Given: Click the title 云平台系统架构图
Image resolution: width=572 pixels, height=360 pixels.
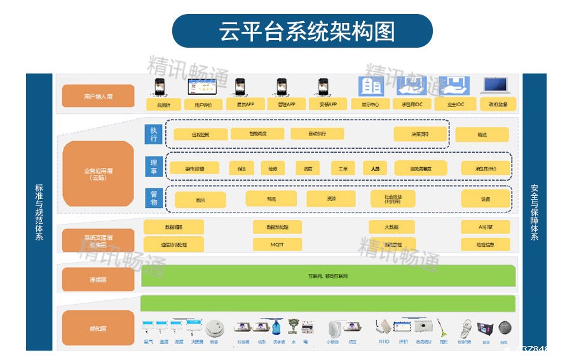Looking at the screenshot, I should [302, 31].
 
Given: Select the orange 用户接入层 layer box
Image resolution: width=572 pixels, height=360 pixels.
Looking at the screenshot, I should [98, 96].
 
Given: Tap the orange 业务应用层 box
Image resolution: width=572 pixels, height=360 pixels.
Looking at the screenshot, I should [98, 174].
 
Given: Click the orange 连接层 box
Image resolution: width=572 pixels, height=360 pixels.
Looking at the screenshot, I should [98, 279].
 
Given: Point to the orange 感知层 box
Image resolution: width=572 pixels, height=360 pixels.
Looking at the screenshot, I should [98, 328].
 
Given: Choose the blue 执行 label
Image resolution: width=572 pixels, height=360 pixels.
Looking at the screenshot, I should [153, 134].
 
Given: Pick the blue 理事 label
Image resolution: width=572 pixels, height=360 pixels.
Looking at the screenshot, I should [153, 167].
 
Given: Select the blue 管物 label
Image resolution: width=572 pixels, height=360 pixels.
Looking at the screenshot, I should [153, 198].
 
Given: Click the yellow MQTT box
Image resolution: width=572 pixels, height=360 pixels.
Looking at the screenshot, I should [277, 244].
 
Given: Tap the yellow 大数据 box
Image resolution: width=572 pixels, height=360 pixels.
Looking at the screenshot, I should [392, 227].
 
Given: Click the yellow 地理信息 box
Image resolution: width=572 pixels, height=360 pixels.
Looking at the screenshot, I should [486, 244].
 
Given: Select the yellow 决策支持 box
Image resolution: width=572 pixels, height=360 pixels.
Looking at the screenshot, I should [420, 134].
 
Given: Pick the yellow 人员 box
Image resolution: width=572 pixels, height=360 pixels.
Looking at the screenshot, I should [375, 168].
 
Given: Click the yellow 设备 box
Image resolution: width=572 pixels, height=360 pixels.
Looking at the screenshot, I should [486, 198].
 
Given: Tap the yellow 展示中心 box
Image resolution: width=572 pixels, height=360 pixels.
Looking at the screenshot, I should [370, 104].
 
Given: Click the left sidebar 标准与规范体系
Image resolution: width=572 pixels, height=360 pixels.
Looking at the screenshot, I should [39, 212].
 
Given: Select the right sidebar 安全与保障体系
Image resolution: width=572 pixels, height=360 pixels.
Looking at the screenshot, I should [534, 212].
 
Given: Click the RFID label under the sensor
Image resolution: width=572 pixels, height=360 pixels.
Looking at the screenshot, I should [384, 342].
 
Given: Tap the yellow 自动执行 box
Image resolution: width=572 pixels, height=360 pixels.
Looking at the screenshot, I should [317, 134].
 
